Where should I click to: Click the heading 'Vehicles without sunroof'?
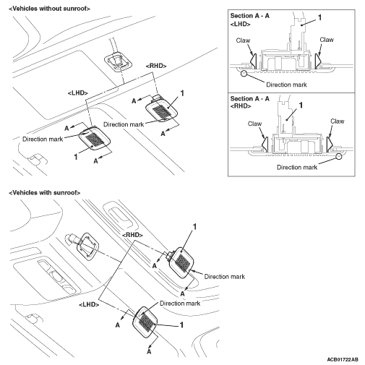49,9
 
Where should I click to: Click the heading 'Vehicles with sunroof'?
44,193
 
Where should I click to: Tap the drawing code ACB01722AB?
343,360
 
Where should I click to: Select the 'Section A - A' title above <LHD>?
250,16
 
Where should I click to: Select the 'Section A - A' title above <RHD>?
250,98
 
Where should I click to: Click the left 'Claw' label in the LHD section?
243,40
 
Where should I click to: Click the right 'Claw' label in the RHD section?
338,121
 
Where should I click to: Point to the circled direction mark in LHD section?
244,73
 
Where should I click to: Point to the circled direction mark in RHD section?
339,156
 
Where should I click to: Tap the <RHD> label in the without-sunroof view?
156,66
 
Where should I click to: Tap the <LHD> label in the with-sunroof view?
89,304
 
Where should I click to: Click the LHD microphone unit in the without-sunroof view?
95,139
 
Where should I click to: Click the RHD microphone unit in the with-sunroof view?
181,263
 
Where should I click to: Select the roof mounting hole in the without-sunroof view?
119,61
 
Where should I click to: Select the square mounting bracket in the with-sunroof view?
87,246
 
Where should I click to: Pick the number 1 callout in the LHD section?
320,17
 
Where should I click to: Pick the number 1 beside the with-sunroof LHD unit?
181,325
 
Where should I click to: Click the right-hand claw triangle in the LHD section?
318,60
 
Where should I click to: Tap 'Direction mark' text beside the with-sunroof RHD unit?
225,277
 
